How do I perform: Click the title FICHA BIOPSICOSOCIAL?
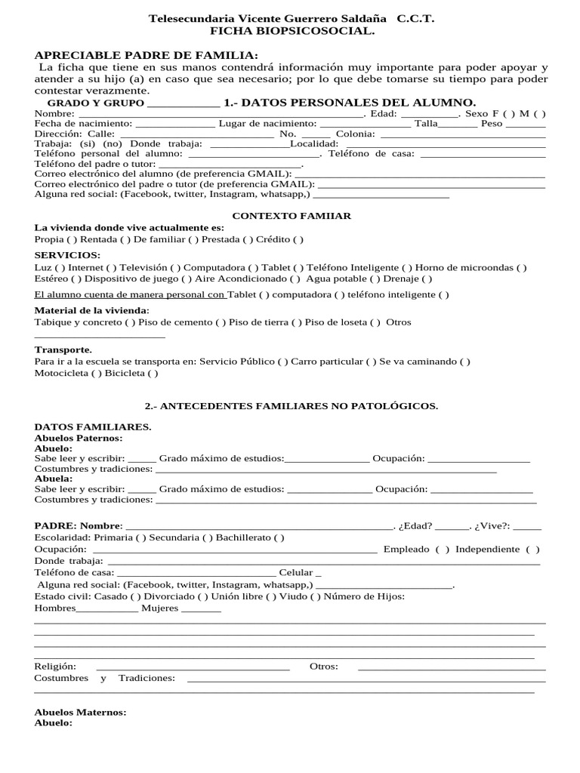click(x=292, y=31)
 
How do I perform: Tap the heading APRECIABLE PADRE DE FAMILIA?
click(x=147, y=55)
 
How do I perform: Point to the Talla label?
click(x=426, y=123)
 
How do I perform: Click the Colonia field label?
click(x=355, y=134)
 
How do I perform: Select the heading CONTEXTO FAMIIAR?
click(x=292, y=216)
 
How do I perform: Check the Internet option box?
click(x=112, y=267)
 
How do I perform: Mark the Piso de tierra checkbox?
click(x=298, y=322)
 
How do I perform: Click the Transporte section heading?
click(x=63, y=350)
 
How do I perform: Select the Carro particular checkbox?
click(x=372, y=362)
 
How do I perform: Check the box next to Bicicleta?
click(x=153, y=373)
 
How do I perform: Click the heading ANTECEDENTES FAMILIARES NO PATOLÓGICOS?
click(x=292, y=406)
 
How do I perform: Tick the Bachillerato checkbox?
click(x=279, y=537)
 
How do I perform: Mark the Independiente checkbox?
click(x=532, y=550)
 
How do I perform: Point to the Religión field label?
click(x=55, y=667)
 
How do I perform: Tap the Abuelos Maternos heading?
click(x=81, y=712)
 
